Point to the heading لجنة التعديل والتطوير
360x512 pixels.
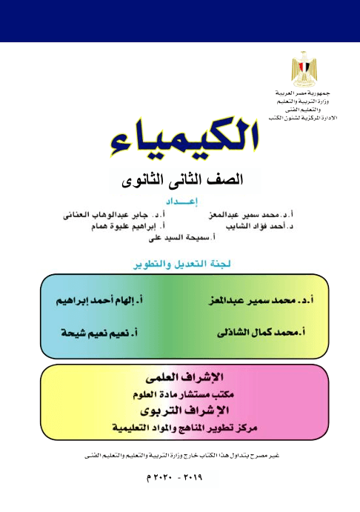tap(180, 263)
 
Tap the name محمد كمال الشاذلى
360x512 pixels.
tap(261, 333)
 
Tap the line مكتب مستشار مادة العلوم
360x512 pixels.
tap(181, 394)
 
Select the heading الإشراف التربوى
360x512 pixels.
tap(181, 411)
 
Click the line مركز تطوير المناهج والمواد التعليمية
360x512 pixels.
tap(181, 428)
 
